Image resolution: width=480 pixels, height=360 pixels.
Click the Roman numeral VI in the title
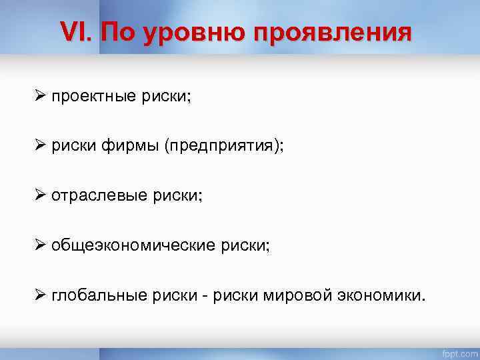click(74, 31)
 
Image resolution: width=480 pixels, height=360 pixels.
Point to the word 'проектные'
click(94, 97)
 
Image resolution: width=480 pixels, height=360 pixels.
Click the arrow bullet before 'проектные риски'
click(40, 97)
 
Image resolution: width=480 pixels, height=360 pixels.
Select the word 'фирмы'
click(125, 147)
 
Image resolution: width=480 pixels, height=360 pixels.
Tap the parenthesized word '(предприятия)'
click(219, 147)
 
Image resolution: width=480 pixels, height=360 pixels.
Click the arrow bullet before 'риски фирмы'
click(40, 146)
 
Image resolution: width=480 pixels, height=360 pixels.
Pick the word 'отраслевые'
click(97, 196)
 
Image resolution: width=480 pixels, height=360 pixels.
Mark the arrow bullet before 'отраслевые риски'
click(40, 195)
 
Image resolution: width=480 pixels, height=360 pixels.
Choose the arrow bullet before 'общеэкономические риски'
click(40, 245)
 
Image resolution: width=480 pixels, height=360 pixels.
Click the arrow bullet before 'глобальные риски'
click(40, 294)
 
